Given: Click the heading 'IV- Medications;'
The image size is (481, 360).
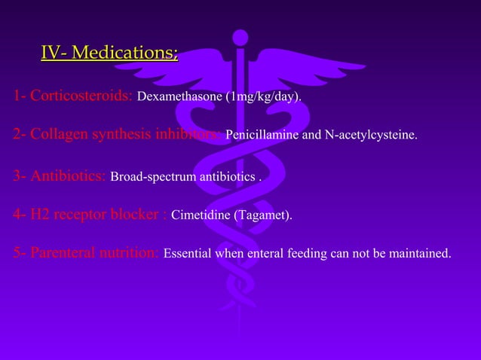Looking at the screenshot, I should pos(109,53).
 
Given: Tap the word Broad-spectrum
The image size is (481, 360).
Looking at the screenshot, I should pos(151,178).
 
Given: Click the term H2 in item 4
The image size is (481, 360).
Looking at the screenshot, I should pos(40,215).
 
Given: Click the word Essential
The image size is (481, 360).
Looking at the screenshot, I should pos(187,254).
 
